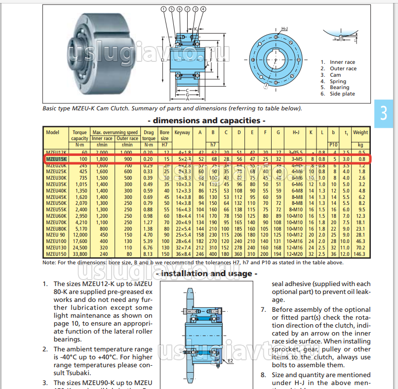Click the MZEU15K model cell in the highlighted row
tap(55, 159)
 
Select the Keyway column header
tap(182, 133)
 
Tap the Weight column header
tap(360, 133)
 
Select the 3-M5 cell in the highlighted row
tap(296, 159)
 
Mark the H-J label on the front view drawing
tap(285, 29)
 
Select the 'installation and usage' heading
tap(206, 273)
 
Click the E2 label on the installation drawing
tap(230, 362)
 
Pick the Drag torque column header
tap(149, 136)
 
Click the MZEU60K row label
tap(55, 216)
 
